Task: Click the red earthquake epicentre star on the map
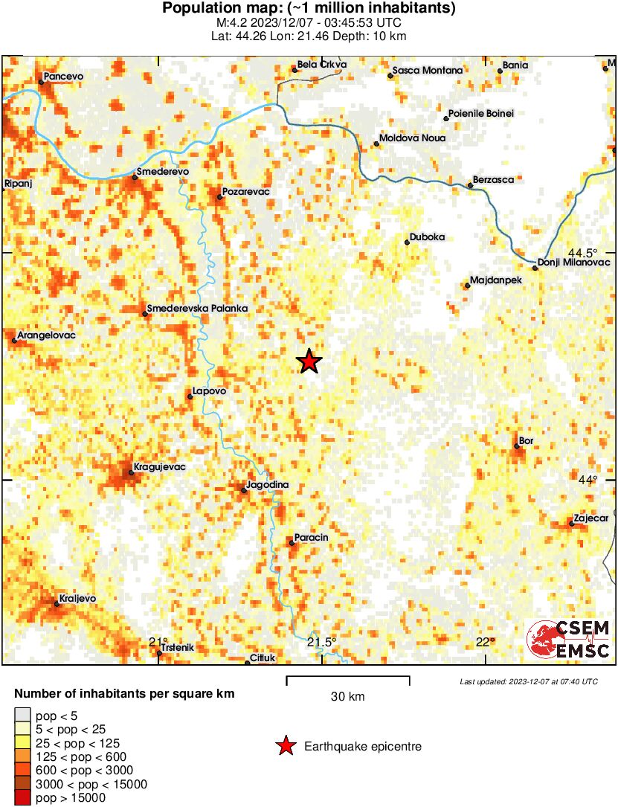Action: [x=309, y=362]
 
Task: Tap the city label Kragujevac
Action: [x=158, y=467]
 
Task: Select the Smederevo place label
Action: [x=164, y=172]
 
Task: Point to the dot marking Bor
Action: [x=516, y=446]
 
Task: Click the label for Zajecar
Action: [x=591, y=518]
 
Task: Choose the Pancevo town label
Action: [x=66, y=76]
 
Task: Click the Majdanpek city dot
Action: [x=467, y=285]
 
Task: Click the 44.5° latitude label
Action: [x=583, y=252]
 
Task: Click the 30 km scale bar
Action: [x=348, y=678]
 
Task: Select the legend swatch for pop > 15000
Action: [x=22, y=798]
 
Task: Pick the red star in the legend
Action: [x=286, y=747]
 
